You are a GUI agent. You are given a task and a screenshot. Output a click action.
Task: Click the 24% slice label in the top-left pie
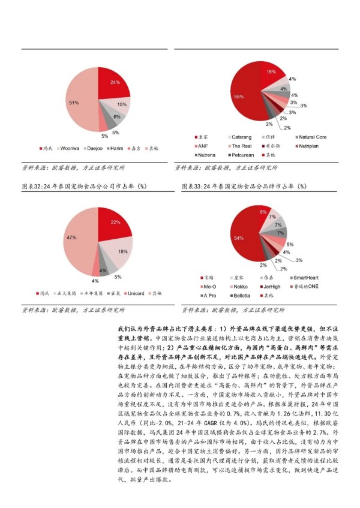(x=115, y=82)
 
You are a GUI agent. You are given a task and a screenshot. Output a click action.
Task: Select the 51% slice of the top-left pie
(x=74, y=103)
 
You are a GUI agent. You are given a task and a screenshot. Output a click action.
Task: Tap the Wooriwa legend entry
(x=70, y=148)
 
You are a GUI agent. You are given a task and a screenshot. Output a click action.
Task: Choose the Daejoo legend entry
(x=95, y=148)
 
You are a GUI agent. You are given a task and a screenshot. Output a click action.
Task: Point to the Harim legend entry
(x=119, y=148)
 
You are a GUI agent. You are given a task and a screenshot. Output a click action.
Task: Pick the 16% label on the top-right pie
(x=271, y=72)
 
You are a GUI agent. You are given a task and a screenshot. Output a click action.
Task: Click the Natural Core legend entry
(x=313, y=137)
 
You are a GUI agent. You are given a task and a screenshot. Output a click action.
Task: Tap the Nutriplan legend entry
(x=311, y=146)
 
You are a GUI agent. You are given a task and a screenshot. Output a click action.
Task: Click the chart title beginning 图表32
(x=83, y=187)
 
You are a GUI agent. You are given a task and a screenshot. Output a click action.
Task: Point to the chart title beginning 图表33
(x=243, y=187)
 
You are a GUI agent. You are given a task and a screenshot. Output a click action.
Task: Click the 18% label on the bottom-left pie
(x=122, y=251)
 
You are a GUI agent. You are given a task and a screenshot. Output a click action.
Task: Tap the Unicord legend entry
(x=136, y=293)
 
